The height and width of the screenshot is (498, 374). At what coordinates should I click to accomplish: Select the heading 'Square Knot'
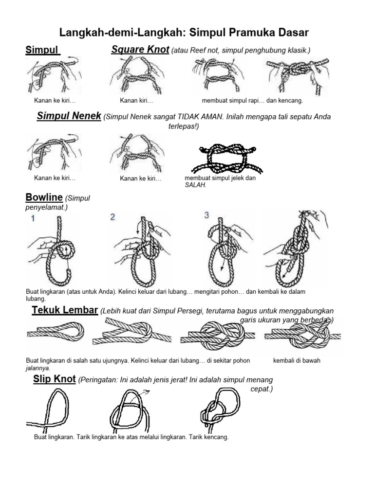click(140, 50)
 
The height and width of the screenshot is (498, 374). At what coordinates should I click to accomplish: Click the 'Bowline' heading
click(44, 197)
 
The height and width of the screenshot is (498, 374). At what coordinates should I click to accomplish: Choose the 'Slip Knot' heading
click(55, 379)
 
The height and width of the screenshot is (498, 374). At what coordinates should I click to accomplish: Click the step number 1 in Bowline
click(33, 218)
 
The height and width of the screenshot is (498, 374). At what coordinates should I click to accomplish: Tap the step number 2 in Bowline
click(112, 217)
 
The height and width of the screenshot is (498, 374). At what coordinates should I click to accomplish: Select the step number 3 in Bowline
click(206, 215)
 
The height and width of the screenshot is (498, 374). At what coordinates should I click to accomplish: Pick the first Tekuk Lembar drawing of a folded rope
click(55, 333)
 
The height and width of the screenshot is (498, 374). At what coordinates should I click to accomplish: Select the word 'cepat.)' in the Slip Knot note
click(262, 390)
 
